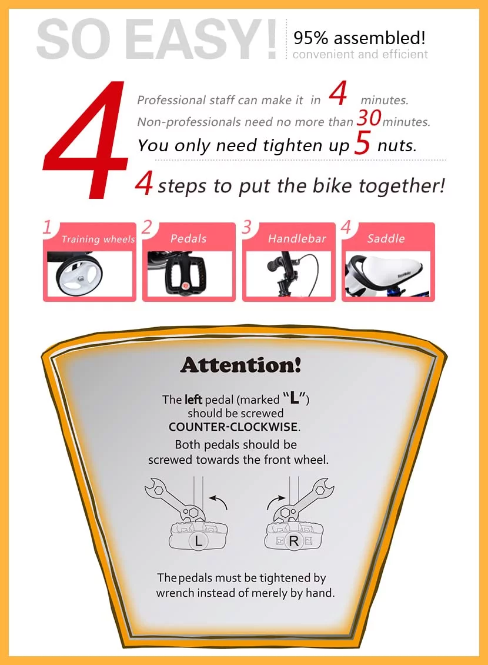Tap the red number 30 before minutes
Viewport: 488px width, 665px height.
point(369,119)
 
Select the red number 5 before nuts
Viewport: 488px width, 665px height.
point(362,145)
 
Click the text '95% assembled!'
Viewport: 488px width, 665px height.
point(359,39)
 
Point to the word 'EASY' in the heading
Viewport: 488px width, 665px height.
point(203,40)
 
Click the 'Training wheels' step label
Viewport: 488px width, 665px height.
point(98,240)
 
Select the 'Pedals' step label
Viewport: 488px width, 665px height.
point(188,238)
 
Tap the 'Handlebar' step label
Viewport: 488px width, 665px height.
point(297,238)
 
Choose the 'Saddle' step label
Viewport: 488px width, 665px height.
point(386,238)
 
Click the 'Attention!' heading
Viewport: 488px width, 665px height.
point(240,365)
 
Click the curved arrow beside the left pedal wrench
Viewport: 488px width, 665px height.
point(221,503)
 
